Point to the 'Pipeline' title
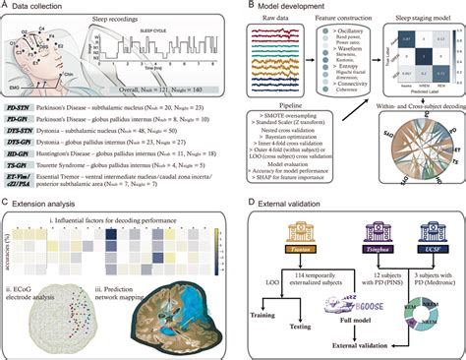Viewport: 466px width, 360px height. click(x=291, y=100)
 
